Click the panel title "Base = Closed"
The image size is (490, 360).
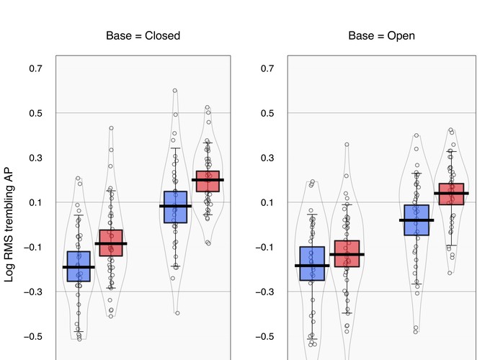[143, 35]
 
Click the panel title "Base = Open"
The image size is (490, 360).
[381, 35]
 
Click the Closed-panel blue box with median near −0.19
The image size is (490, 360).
[79, 266]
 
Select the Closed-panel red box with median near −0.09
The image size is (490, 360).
[111, 243]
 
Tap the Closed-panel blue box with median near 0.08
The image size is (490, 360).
[175, 207]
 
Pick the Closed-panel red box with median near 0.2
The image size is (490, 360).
[208, 181]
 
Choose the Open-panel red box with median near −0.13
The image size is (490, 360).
[347, 253]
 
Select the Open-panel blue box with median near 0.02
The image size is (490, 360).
[416, 220]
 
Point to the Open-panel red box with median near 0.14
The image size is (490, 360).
[451, 194]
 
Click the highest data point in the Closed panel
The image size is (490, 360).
[174, 91]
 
